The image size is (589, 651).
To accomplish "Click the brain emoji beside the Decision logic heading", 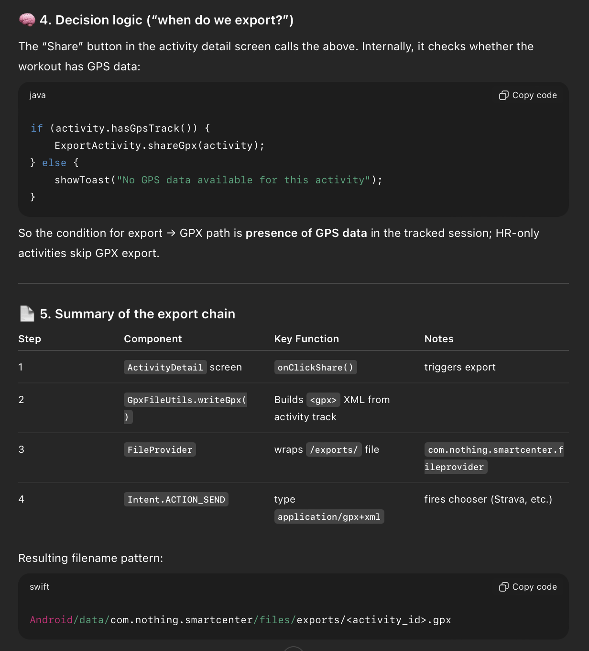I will (x=27, y=20).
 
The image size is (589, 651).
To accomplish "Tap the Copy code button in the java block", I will (x=528, y=95).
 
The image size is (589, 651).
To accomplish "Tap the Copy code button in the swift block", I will (x=528, y=587).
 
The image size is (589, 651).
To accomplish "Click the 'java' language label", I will (x=38, y=95).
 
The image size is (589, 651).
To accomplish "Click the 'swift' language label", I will (x=40, y=587).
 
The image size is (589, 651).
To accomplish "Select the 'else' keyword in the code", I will (x=54, y=163).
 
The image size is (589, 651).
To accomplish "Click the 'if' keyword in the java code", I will (x=37, y=128).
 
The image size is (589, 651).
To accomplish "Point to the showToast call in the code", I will (x=82, y=180).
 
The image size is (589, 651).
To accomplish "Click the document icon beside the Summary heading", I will (x=27, y=314).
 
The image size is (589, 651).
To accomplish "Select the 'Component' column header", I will (x=153, y=339).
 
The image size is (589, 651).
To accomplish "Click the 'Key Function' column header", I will (x=306, y=339).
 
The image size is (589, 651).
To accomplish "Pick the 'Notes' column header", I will (x=439, y=339).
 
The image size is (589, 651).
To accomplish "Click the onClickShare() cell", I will (x=316, y=367).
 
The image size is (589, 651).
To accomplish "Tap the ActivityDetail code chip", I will (x=165, y=367).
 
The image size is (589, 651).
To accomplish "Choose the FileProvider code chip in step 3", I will (x=160, y=449).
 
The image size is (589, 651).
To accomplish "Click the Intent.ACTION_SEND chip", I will (x=176, y=499).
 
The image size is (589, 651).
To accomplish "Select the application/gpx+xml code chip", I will (x=329, y=516).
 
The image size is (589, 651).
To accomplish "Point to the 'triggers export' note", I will (x=460, y=367).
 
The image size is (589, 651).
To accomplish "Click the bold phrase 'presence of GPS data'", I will (x=306, y=233).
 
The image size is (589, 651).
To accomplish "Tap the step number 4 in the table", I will (x=22, y=499).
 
